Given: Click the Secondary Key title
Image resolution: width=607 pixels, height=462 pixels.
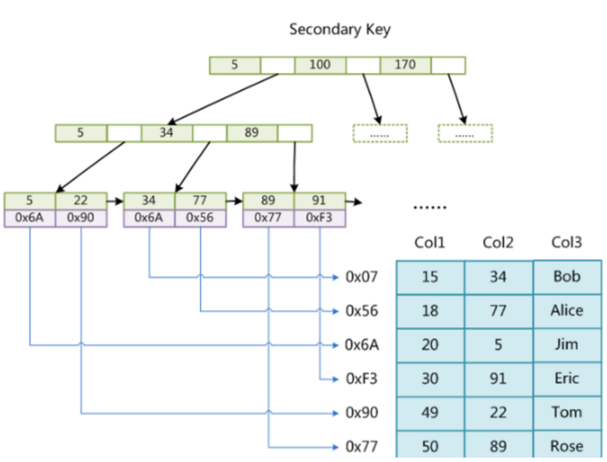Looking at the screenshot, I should (339, 29).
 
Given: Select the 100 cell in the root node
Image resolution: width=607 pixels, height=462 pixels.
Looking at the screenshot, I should (319, 65).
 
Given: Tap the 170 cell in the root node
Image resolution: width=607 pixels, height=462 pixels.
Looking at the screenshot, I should (405, 65).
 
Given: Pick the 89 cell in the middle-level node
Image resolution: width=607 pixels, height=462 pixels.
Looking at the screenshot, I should (252, 133).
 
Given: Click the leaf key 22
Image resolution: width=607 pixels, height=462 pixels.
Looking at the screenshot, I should (80, 200).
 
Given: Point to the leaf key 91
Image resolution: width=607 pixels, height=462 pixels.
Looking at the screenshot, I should (319, 200).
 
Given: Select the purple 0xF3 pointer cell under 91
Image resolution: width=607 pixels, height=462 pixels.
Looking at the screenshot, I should (319, 218).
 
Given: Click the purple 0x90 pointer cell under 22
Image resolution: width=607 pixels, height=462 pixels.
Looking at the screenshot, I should (80, 218).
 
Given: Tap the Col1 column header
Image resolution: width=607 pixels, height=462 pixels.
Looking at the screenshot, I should (430, 243).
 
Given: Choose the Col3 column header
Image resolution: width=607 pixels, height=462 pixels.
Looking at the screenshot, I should (566, 243).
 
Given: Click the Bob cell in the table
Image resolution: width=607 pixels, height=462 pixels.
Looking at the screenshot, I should (567, 277).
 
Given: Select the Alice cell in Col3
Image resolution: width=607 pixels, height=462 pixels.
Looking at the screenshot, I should (567, 310).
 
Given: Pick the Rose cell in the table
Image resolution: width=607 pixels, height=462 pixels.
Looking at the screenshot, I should (567, 446).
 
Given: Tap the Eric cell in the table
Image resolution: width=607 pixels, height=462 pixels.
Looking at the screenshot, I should (567, 378).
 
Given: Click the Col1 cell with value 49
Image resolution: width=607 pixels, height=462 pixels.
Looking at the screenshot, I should (430, 412).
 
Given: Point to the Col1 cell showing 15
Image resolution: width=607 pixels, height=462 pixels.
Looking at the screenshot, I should (430, 277).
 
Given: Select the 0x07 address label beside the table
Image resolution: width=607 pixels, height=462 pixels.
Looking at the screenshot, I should (362, 277).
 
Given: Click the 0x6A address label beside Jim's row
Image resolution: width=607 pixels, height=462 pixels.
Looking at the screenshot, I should (362, 344).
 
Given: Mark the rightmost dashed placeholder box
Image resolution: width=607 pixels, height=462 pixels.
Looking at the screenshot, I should (465, 133).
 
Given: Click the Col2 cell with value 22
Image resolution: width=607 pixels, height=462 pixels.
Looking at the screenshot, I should (498, 412).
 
